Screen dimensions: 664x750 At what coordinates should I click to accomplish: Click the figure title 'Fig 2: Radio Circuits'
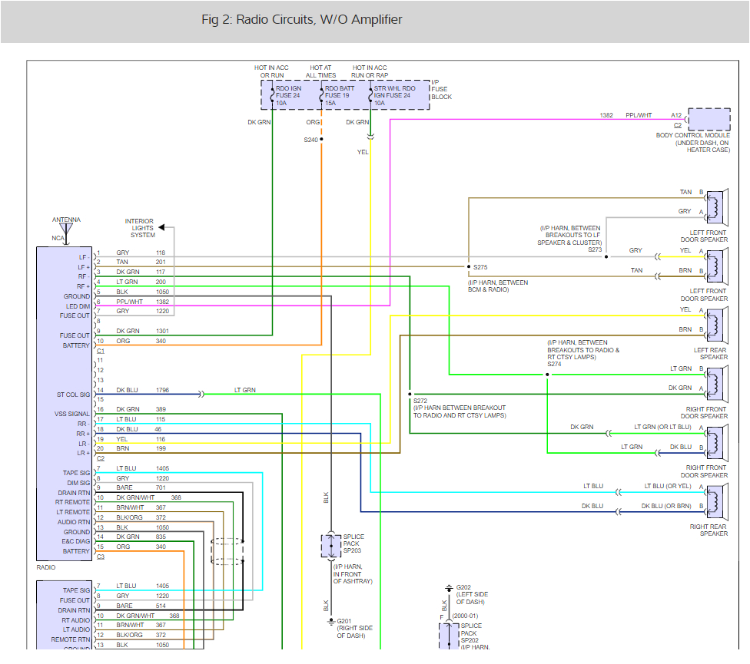click(x=301, y=20)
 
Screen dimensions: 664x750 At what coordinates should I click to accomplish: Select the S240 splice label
click(x=310, y=140)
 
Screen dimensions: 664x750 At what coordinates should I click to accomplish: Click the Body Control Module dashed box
click(x=709, y=120)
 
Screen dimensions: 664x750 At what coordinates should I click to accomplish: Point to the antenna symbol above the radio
click(x=66, y=228)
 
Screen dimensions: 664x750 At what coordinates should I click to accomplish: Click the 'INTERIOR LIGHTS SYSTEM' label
click(x=141, y=228)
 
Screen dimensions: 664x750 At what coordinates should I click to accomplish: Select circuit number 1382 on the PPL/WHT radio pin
click(x=162, y=302)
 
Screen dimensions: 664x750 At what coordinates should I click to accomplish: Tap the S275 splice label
click(x=481, y=267)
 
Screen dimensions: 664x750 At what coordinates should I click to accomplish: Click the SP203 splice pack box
click(x=330, y=547)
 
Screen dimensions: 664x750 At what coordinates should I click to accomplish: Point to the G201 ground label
click(x=343, y=621)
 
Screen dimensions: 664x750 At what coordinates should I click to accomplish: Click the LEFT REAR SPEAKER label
click(x=711, y=353)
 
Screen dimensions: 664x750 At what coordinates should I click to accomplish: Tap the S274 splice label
click(x=555, y=364)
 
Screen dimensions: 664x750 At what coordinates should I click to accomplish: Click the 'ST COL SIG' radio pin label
click(x=72, y=395)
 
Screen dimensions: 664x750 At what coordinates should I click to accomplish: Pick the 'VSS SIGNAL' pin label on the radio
click(x=72, y=414)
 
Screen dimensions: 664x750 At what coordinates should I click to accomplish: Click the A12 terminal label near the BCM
click(x=675, y=115)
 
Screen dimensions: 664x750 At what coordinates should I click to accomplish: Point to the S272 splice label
click(x=420, y=401)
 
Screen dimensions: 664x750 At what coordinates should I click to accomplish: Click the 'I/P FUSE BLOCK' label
click(x=441, y=89)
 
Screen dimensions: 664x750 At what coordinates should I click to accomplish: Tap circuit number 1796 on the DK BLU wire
click(x=162, y=391)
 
